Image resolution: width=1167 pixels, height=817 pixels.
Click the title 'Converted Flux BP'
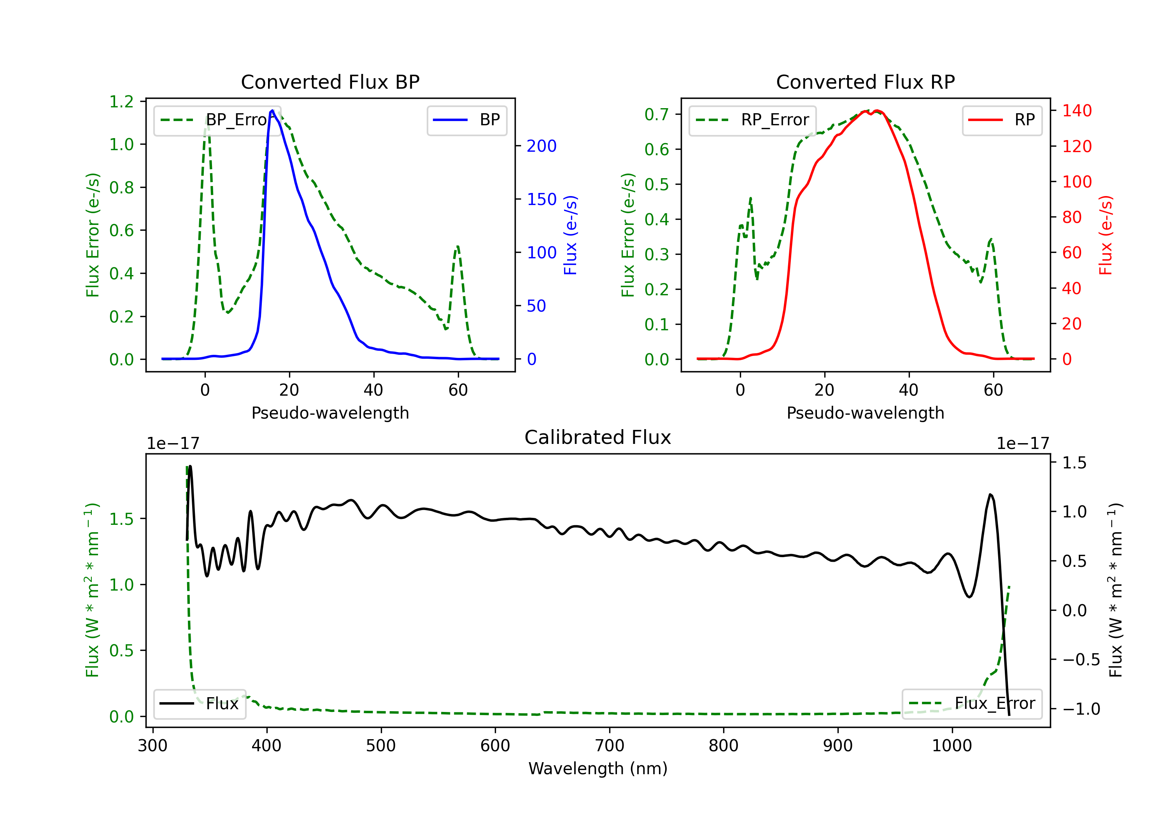point(330,82)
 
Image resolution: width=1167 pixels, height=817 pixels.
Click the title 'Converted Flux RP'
point(865,82)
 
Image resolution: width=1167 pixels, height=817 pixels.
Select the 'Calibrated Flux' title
point(598,437)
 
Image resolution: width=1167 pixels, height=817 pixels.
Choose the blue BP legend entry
point(466,120)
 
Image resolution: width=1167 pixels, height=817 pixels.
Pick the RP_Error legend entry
point(752,120)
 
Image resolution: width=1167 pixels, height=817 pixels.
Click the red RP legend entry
point(1002,120)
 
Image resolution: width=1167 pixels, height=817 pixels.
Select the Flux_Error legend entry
point(972,704)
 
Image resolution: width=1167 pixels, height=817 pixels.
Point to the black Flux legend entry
point(199,704)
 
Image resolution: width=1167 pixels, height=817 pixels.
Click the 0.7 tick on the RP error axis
point(657,114)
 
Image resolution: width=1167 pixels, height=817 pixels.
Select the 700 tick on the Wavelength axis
point(610,746)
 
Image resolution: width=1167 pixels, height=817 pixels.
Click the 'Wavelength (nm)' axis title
point(598,769)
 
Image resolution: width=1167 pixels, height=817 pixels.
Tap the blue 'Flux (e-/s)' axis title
point(571,235)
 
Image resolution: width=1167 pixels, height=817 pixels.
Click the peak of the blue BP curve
point(272,110)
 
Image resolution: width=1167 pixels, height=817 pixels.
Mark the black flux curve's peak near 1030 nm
point(990,494)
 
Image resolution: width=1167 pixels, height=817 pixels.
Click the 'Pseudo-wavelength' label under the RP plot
point(865,413)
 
